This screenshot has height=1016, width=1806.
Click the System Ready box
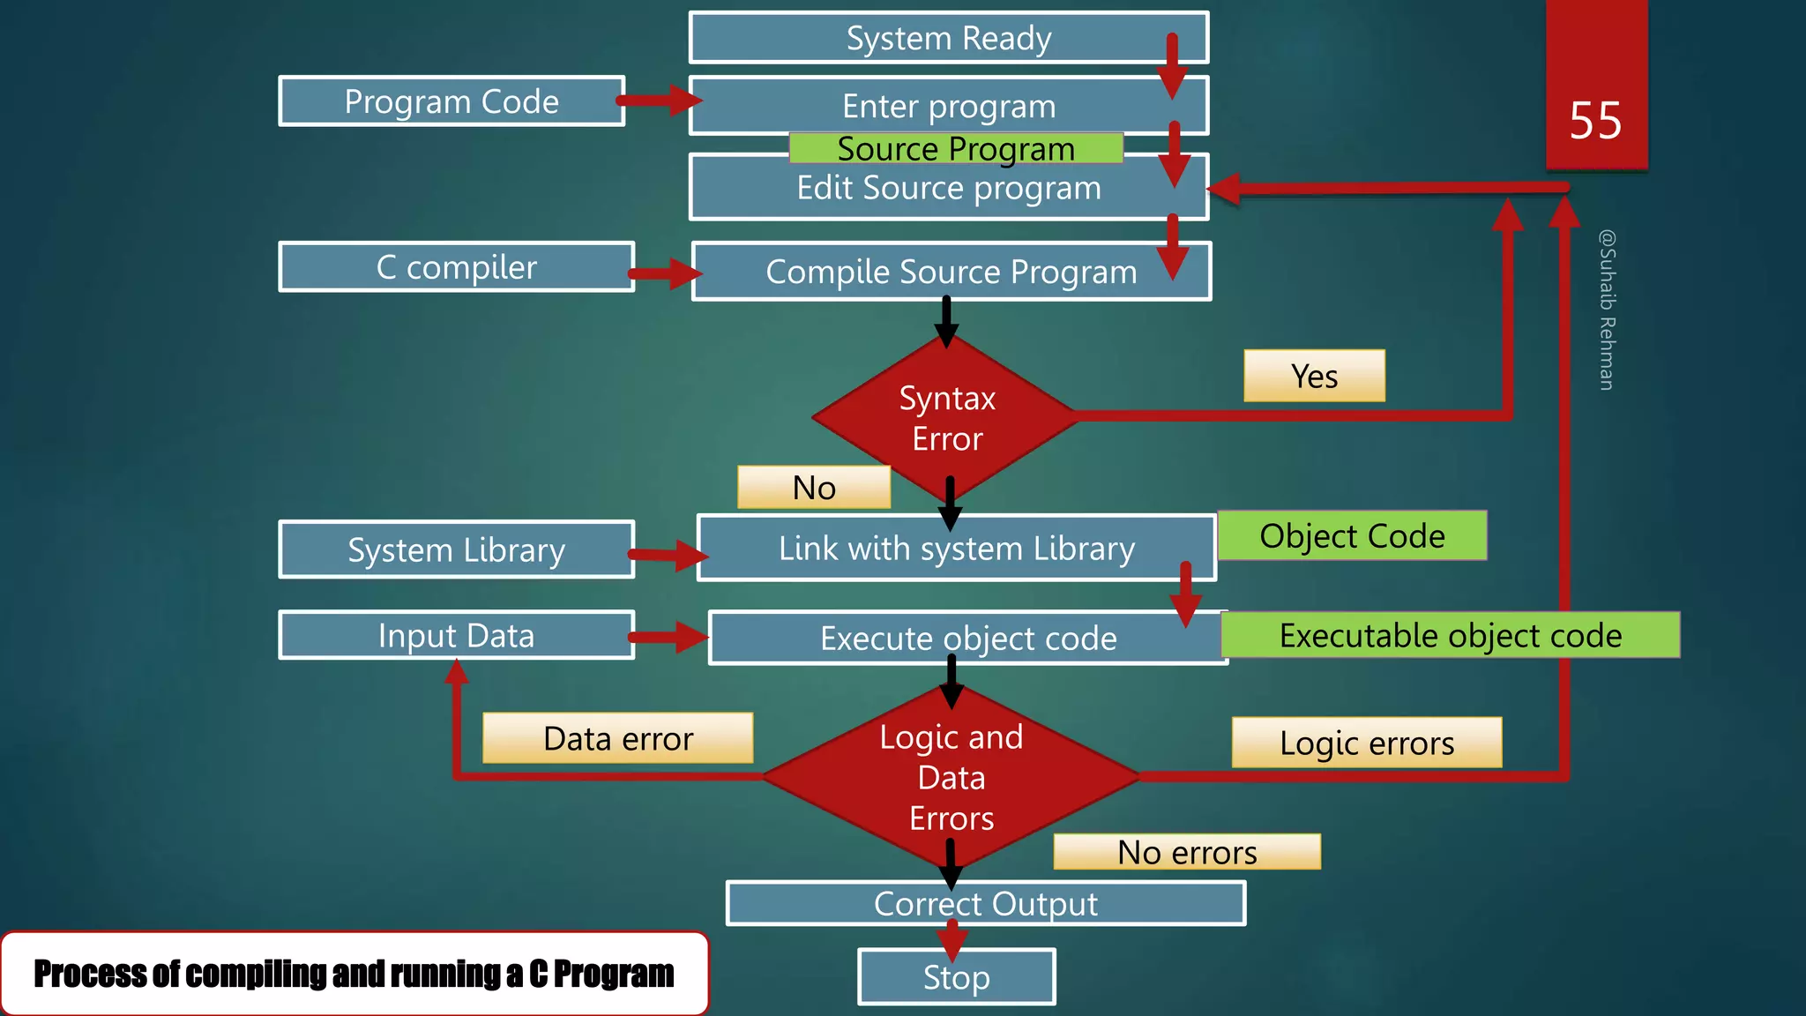point(948,38)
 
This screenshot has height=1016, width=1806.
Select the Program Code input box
point(451,101)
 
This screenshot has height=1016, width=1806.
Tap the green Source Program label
point(956,148)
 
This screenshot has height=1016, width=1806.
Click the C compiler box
point(456,266)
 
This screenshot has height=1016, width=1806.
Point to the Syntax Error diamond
point(947,418)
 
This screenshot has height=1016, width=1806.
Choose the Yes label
point(1314,376)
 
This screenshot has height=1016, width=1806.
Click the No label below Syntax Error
point(814,487)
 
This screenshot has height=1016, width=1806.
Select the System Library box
point(456,549)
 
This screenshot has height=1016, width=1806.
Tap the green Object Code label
point(1352,535)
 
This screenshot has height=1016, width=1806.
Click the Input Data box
point(456,635)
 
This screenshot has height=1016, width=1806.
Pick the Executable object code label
point(1450,635)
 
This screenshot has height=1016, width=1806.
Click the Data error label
point(617,738)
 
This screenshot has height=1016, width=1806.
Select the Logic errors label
point(1366,743)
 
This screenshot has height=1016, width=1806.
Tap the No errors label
point(1187,852)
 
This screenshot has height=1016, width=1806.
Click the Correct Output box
point(985,903)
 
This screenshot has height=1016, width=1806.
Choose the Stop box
point(956,977)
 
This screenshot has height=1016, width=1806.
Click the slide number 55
point(1595,120)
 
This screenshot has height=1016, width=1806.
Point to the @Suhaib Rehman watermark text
point(1607,310)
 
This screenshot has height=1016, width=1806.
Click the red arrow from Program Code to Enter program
point(658,100)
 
